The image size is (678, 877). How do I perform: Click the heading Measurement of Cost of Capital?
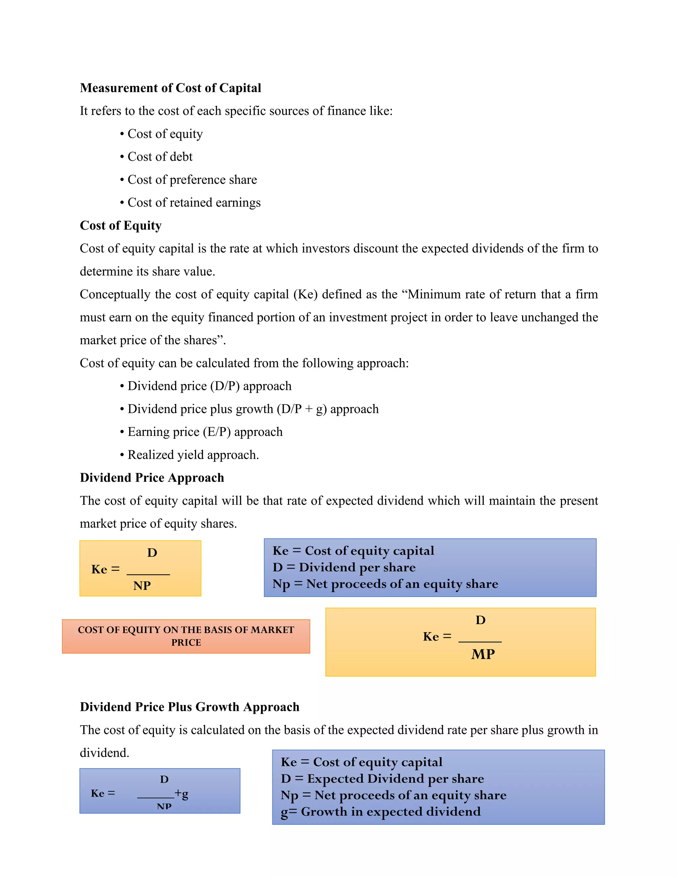coord(170,88)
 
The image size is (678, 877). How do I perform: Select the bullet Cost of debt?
coord(160,157)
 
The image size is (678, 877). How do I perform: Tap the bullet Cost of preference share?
coord(192,179)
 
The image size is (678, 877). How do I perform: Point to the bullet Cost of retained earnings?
coord(194,203)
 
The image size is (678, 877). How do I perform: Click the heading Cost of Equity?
coord(121,225)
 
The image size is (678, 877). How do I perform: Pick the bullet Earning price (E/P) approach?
coord(205,432)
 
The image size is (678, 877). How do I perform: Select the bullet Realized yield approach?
coord(193,455)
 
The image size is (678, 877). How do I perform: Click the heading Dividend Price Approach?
coord(152,478)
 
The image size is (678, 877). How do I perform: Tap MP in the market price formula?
coord(483,654)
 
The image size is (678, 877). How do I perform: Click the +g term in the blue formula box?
coord(181,794)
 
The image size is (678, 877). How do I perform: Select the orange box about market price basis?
coord(186,636)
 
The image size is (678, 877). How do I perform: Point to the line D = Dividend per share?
coord(344,567)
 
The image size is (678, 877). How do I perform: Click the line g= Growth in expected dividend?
coord(380,811)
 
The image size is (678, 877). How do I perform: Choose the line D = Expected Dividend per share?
coord(382,779)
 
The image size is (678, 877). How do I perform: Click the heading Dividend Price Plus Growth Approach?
coord(190,707)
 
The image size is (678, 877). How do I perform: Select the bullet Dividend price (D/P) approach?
coord(209,386)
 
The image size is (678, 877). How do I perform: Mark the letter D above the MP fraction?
coord(480,620)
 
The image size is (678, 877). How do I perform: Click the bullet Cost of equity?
coord(165,134)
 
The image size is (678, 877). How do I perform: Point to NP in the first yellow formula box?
coord(142,585)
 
